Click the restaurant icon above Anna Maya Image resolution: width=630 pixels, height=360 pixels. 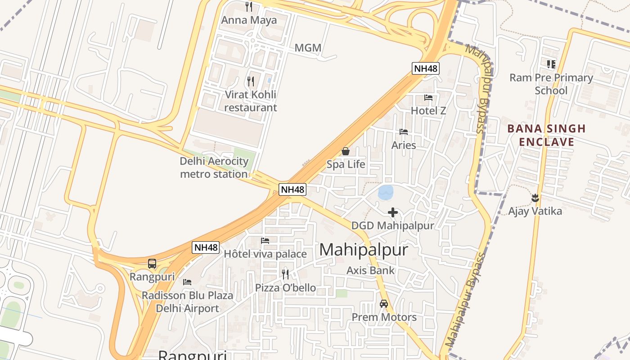[248, 7]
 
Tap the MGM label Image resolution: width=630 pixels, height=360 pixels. [308, 48]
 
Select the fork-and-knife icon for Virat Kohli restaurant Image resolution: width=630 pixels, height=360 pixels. [251, 81]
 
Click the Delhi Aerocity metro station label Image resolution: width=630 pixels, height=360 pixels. [214, 167]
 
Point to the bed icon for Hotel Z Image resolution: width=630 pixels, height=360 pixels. [428, 97]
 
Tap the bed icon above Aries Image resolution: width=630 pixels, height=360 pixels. [404, 132]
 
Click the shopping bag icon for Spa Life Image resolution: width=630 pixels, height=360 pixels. [346, 151]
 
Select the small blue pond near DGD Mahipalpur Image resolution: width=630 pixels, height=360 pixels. [386, 192]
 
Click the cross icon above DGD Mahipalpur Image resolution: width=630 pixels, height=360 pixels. [393, 212]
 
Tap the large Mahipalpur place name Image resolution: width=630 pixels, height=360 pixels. [364, 250]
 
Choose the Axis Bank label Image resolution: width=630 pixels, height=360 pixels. [370, 270]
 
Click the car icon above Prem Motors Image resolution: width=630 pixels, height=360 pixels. [384, 304]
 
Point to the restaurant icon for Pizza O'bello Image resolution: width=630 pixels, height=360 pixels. [285, 274]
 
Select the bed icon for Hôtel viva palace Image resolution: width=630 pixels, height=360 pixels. [265, 241]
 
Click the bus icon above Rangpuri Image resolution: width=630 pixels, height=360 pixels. [152, 264]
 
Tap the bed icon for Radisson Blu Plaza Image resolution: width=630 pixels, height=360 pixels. [187, 282]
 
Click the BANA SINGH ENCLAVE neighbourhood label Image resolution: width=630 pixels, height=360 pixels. [546, 135]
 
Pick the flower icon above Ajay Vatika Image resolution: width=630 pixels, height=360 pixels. [535, 198]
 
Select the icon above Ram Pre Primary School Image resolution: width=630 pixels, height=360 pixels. [551, 64]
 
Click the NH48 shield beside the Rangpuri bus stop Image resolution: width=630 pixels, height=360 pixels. [206, 247]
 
